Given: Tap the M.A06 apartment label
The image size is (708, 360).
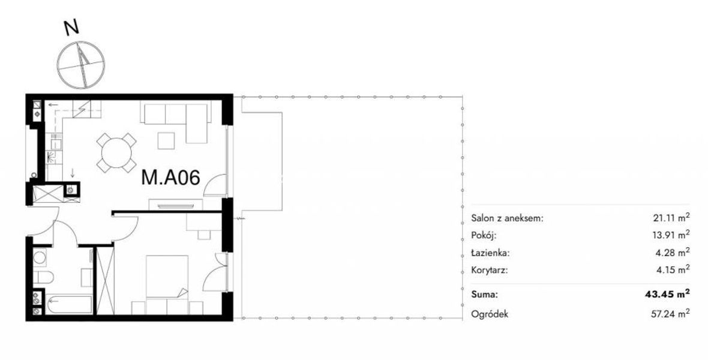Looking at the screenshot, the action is tap(170, 177).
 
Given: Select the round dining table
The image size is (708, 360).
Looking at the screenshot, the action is tap(116, 152).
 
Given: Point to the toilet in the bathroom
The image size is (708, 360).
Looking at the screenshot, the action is tap(43, 277).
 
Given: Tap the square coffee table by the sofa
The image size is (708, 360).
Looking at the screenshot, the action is tap(166, 140).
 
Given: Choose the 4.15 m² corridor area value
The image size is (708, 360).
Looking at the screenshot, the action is tap(674, 270).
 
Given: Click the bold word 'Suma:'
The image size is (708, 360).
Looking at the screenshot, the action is tap(484, 295).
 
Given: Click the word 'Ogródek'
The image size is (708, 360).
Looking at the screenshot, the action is tap(490, 314).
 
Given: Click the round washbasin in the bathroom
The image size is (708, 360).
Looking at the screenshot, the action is tap(39, 258).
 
